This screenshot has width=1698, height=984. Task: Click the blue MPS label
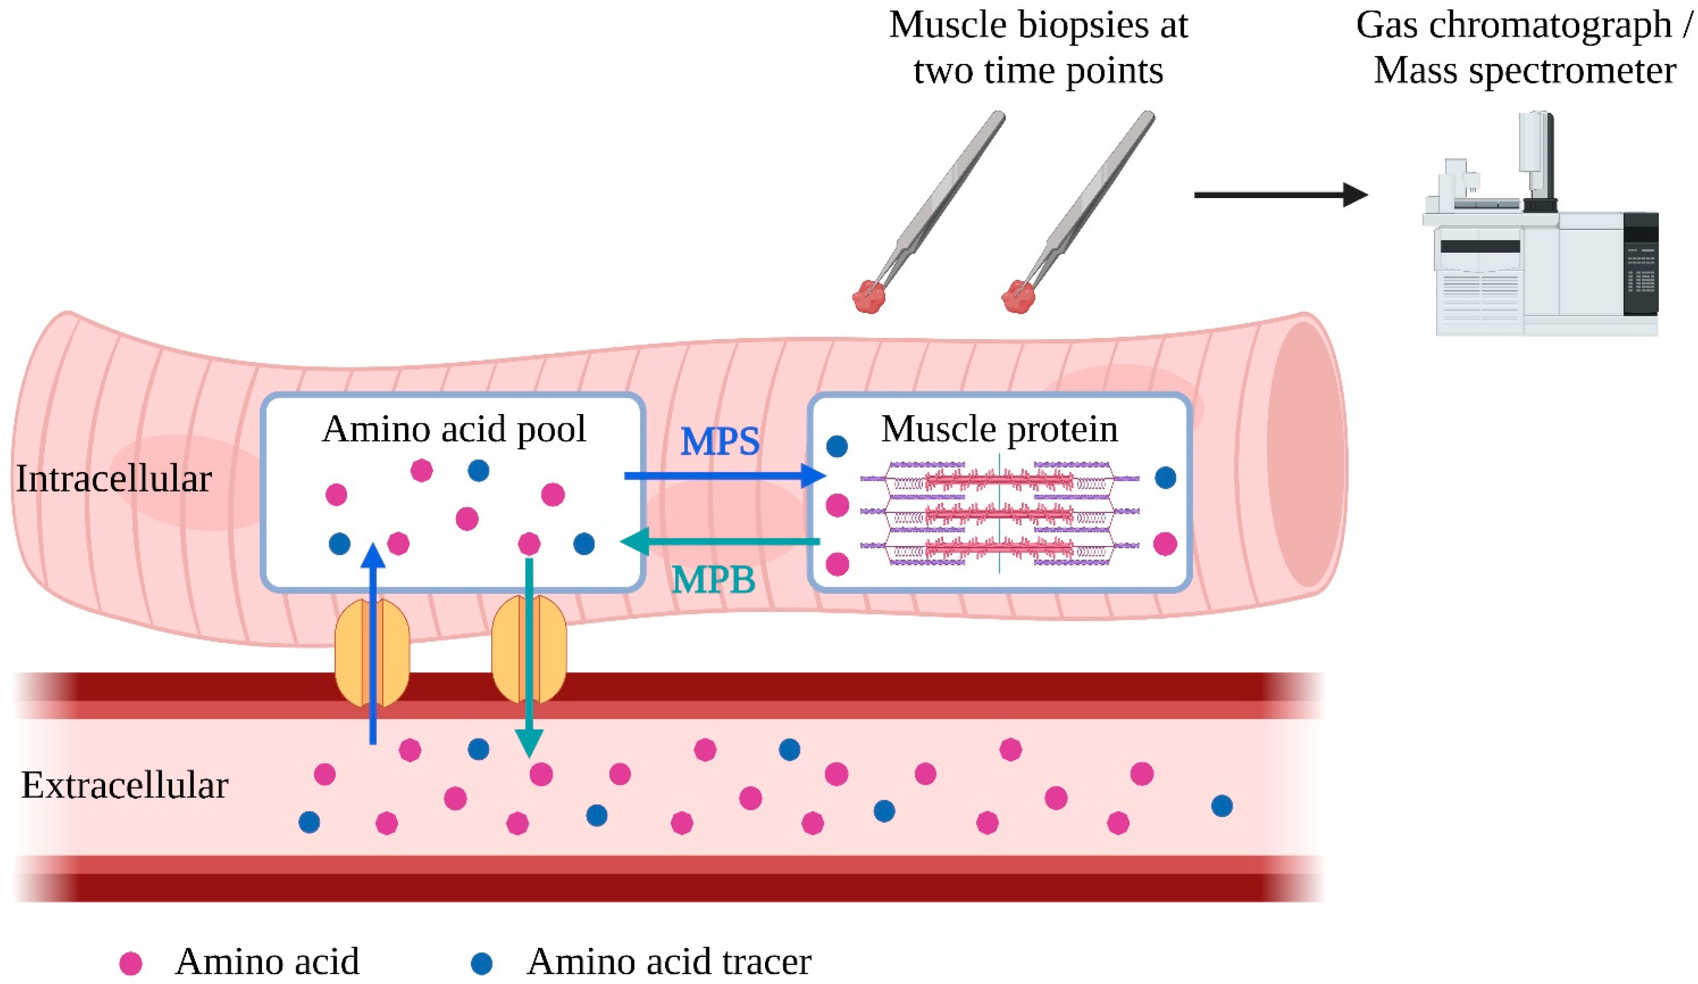[719, 442]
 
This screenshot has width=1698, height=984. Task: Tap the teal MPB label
[714, 579]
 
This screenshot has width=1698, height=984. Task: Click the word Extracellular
[125, 786]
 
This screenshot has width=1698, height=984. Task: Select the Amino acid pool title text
[454, 429]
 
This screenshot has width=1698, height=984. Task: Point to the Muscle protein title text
[999, 429]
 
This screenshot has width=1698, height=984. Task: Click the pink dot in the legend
[131, 963]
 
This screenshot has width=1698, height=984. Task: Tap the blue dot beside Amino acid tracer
[482, 963]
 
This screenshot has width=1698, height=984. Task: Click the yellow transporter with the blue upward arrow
[372, 650]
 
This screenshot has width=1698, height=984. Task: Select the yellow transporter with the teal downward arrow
[529, 648]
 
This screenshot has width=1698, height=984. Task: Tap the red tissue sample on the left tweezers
[868, 296]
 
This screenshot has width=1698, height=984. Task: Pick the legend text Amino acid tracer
[669, 962]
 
